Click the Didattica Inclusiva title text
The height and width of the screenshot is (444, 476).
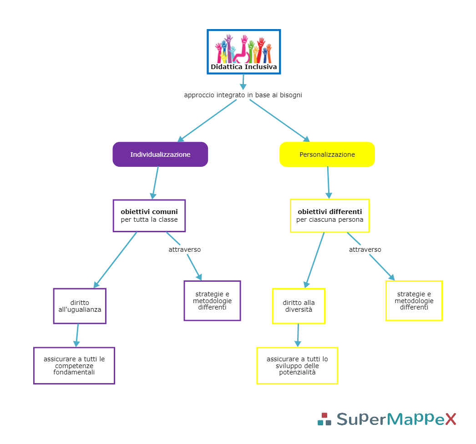point(243,67)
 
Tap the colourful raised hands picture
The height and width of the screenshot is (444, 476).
point(243,49)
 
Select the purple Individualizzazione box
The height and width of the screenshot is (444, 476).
point(160,155)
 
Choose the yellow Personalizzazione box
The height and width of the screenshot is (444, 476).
point(327,155)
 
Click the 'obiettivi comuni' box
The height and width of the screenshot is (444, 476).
point(149,215)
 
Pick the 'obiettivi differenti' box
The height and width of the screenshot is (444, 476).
point(329,215)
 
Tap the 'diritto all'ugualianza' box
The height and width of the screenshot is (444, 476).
point(80,306)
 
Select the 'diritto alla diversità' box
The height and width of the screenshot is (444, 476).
point(299,306)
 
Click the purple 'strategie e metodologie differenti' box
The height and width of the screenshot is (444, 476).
point(212,300)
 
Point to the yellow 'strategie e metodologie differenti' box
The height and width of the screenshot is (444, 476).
point(414,300)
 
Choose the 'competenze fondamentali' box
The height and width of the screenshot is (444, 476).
point(74,365)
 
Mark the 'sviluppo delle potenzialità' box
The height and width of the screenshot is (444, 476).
point(297,365)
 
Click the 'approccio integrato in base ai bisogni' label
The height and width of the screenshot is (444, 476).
point(243,95)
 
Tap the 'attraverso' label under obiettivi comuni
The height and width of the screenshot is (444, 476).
point(185,249)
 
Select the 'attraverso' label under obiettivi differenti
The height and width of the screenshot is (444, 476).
point(365,249)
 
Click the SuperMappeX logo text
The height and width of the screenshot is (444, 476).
point(396,419)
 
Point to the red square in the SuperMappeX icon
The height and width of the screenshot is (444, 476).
point(324,415)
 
